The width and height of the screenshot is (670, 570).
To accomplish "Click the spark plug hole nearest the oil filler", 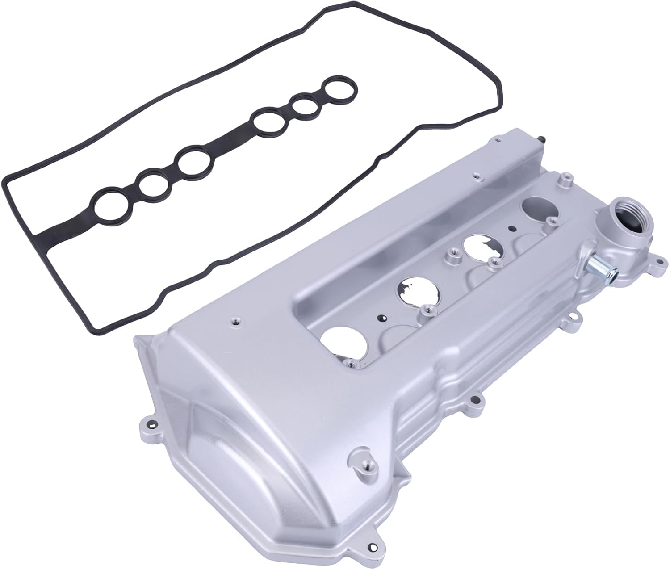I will pyautogui.click(x=536, y=209).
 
